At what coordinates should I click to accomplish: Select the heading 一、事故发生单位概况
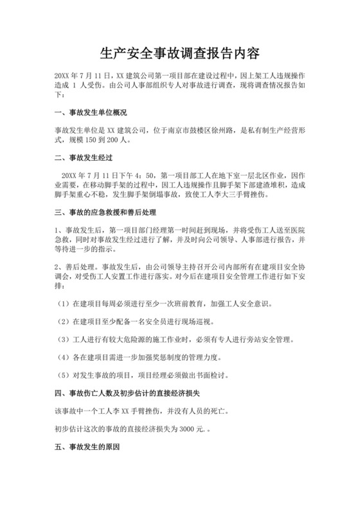click(91, 113)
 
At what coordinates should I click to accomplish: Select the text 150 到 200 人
click(106, 139)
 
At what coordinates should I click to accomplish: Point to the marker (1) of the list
click(64, 302)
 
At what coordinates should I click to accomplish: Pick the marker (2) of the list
click(64, 320)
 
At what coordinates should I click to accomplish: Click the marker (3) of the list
click(64, 338)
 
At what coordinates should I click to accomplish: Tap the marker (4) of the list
click(64, 356)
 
